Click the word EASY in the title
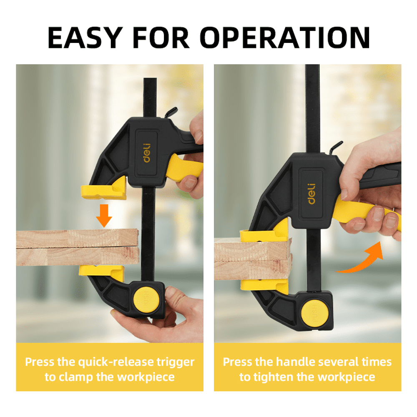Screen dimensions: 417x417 pyautogui.click(x=85, y=38)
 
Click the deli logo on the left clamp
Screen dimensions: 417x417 pyautogui.click(x=147, y=153)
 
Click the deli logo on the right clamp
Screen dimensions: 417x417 pyautogui.click(x=311, y=193)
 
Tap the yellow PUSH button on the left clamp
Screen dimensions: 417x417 pyautogui.click(x=146, y=300)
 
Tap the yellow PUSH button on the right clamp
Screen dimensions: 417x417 pyautogui.click(x=315, y=313)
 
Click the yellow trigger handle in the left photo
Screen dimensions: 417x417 pyautogui.click(x=183, y=168)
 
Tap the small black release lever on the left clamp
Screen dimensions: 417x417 pyautogui.click(x=171, y=112)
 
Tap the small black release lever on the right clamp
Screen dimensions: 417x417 pyautogui.click(x=336, y=147)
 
